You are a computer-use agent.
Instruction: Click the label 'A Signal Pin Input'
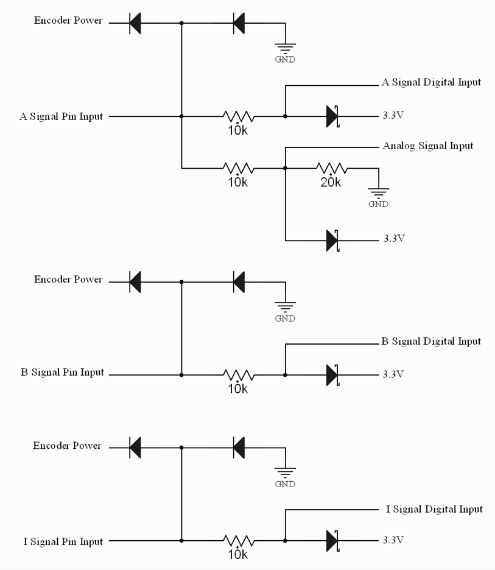[61, 116]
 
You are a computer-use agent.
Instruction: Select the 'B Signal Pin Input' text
[62, 373]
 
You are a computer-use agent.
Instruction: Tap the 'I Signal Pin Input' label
[63, 541]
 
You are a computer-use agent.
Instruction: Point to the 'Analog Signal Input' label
[428, 146]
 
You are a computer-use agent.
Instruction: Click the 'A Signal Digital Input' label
[431, 82]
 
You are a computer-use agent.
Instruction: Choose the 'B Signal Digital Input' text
[431, 342]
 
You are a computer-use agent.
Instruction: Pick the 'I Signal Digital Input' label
[434, 509]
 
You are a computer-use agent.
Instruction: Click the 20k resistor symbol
[331, 167]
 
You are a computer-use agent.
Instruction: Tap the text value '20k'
[331, 182]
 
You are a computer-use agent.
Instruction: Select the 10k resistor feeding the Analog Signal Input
[239, 167]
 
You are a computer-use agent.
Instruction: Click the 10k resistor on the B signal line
[239, 375]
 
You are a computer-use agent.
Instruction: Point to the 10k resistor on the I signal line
[239, 540]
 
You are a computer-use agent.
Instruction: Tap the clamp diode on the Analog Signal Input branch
[332, 240]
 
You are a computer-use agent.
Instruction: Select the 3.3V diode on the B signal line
[332, 375]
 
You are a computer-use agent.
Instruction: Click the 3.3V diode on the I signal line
[332, 540]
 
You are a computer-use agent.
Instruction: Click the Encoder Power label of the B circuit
[68, 280]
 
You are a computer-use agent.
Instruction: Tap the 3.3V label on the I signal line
[393, 540]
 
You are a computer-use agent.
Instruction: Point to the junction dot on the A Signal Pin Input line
[181, 116]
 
